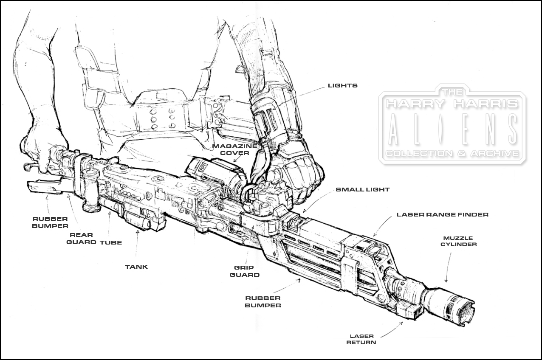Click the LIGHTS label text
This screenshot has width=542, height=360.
pos(342,85)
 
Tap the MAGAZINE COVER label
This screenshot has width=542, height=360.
pos(235,149)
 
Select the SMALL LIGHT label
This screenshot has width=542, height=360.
pos(362,190)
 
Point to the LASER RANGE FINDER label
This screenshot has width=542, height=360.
pos(442,214)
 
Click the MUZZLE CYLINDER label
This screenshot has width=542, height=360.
pos(458,241)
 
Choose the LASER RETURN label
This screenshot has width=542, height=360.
pos(361,339)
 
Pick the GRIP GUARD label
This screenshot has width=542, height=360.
pos(244,271)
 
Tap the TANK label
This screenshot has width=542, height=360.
pos(136,267)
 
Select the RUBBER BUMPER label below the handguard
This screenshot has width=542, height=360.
pos(263,301)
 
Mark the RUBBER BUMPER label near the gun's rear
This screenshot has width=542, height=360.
pos(50,222)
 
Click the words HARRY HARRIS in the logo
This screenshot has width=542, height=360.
pos(452,104)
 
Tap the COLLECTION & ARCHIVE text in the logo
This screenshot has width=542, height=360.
pos(452,153)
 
